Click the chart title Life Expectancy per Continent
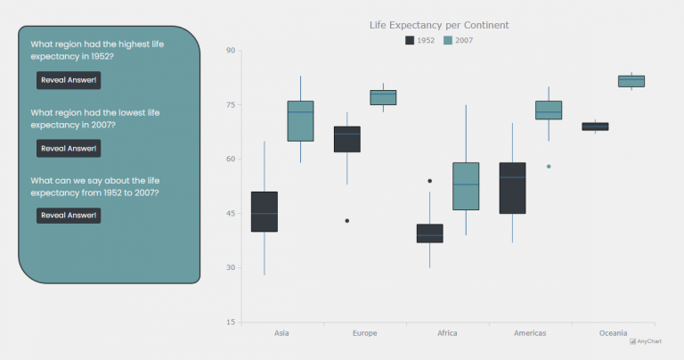(439, 25)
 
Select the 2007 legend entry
(458, 41)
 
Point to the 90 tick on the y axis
(230, 51)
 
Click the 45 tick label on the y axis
(230, 214)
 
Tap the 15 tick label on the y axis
(230, 323)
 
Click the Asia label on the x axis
(281, 333)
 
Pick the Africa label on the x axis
(447, 333)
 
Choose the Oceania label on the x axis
(613, 333)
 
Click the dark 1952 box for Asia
(265, 211)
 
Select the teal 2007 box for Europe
(383, 97)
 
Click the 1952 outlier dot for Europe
(347, 220)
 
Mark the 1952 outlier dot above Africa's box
(430, 181)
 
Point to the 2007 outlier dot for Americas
(549, 167)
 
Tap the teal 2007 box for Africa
(466, 186)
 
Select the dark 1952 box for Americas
(512, 188)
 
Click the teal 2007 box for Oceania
(631, 81)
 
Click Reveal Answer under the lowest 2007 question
(69, 148)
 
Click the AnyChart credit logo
(646, 341)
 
